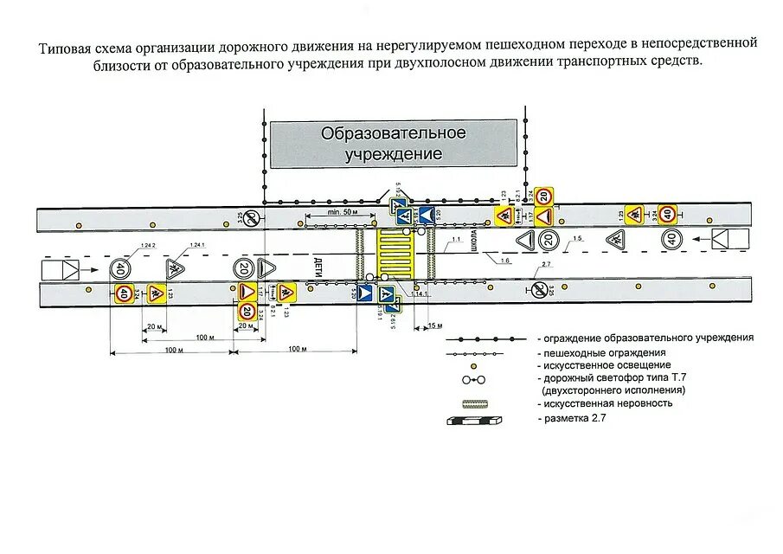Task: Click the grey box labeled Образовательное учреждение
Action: pos(394,144)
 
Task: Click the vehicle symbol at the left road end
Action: pos(62,269)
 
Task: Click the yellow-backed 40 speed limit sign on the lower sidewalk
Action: pos(124,294)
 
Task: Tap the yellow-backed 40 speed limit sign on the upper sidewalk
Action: pos(667,213)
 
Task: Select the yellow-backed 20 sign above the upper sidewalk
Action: pos(543,196)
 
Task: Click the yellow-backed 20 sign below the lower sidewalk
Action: pos(247,311)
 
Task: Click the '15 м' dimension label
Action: pos(435,325)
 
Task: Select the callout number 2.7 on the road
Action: pos(546,263)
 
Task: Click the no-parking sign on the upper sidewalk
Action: pos(250,216)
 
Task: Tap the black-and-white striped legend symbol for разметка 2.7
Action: pos(474,421)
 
